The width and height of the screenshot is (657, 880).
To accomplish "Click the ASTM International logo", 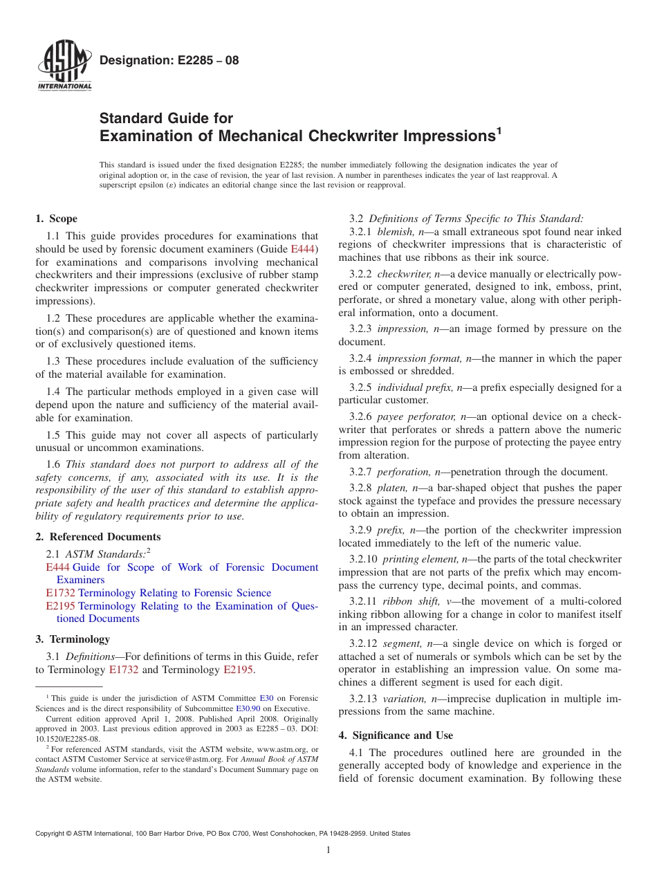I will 64,66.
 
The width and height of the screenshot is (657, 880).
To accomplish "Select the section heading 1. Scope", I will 57,219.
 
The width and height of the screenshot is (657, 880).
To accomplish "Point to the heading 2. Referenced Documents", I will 98,537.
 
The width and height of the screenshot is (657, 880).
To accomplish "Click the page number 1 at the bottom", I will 328,850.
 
